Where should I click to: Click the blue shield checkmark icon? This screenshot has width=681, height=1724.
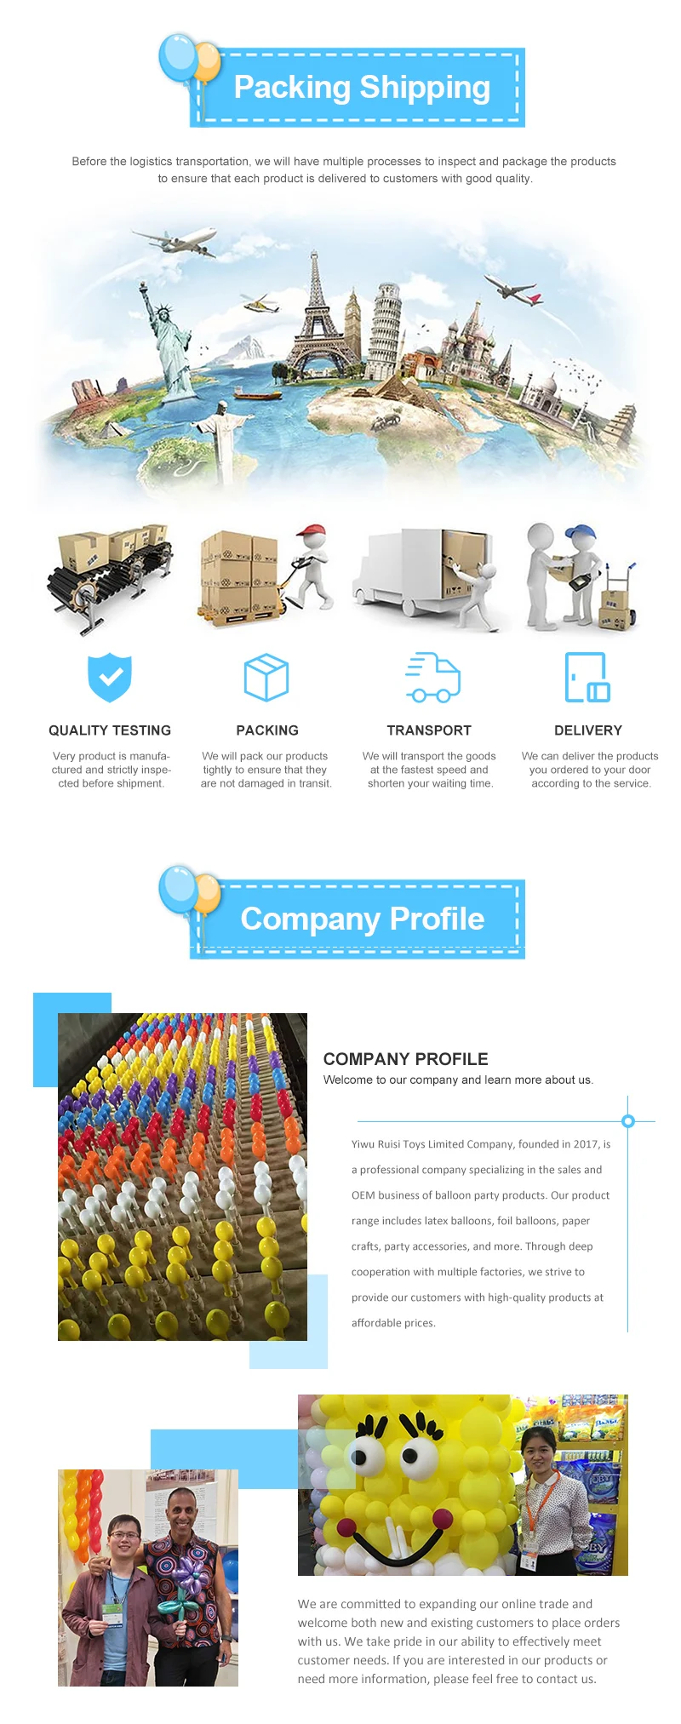pyautogui.click(x=110, y=677)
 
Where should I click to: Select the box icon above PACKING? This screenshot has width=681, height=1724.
pyautogui.click(x=266, y=677)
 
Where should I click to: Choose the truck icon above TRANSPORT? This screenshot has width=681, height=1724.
pyautogui.click(x=432, y=678)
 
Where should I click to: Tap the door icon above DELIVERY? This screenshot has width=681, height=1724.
pyautogui.click(x=587, y=677)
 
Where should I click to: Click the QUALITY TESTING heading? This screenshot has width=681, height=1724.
pyautogui.click(x=110, y=730)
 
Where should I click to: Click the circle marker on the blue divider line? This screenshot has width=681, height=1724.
pyautogui.click(x=628, y=1120)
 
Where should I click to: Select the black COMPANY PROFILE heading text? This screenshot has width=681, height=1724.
pyautogui.click(x=405, y=1059)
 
